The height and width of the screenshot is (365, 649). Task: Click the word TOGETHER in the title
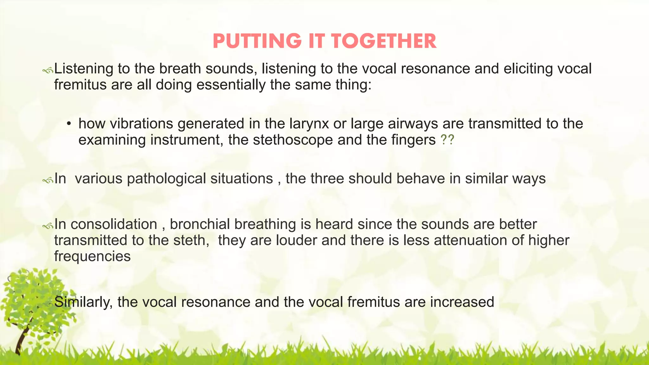[384, 42]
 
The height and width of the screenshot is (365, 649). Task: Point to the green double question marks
[447, 140]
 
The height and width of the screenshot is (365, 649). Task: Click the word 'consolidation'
[114, 224]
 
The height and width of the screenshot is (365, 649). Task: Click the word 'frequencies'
[92, 256]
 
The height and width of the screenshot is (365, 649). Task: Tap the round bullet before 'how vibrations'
[68, 124]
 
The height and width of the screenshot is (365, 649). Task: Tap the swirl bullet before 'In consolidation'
[48, 226]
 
